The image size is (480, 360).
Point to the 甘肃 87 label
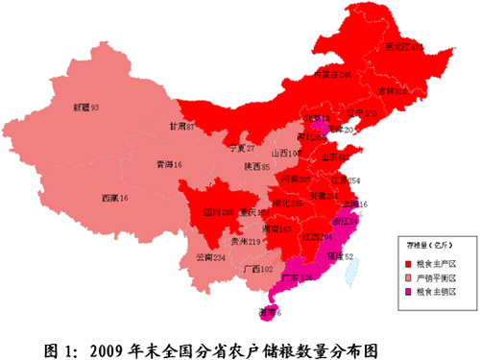(x=183, y=126)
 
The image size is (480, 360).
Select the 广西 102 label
(x=260, y=268)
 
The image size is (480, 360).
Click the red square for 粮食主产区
(x=407, y=261)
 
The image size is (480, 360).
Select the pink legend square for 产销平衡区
(x=407, y=276)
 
